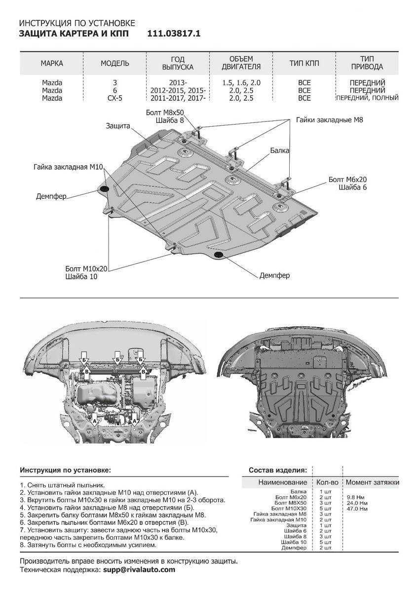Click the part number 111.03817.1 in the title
click(x=174, y=34)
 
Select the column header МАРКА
click(x=52, y=63)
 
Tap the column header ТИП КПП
click(x=304, y=63)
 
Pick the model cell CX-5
click(x=115, y=98)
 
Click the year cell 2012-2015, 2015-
click(x=178, y=91)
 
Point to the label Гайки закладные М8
click(x=330, y=119)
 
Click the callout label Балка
click(x=279, y=150)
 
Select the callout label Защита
click(x=117, y=126)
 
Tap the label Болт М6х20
click(x=348, y=180)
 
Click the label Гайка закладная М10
click(x=68, y=167)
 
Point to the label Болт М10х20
click(x=86, y=269)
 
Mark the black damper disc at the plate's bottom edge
click(x=219, y=255)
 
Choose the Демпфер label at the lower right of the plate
click(x=274, y=275)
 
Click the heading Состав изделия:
click(x=277, y=470)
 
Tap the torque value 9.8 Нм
click(x=355, y=497)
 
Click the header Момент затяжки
click(x=372, y=482)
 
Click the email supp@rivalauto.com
click(x=139, y=569)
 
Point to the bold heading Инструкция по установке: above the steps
click(x=66, y=470)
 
